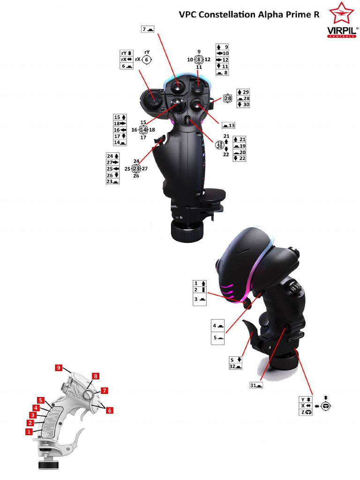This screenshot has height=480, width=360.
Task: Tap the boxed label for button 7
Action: (x=148, y=30)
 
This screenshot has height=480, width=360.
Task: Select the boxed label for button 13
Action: (x=228, y=125)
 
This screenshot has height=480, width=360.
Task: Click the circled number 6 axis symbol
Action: (x=147, y=60)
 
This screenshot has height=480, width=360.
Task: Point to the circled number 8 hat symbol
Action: (x=199, y=60)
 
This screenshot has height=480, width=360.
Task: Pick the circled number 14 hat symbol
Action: (x=143, y=130)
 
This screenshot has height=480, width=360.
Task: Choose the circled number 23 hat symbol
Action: (x=136, y=169)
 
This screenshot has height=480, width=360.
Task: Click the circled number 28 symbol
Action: (x=228, y=98)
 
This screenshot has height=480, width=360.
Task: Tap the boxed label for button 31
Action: (x=256, y=385)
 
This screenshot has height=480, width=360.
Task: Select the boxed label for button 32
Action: (x=235, y=367)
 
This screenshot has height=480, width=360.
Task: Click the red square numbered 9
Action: (x=59, y=367)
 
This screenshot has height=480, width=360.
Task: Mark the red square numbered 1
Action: (x=29, y=432)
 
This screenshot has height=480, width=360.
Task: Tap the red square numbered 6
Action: (x=109, y=411)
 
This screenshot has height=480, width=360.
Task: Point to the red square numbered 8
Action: (x=96, y=376)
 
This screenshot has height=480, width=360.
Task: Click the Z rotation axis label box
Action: (x=306, y=412)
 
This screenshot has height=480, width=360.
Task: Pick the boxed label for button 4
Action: (x=217, y=326)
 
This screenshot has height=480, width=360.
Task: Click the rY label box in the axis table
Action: (x=127, y=53)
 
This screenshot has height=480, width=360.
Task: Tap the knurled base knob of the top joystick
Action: (x=187, y=232)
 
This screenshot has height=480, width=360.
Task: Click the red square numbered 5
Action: (x=41, y=400)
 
